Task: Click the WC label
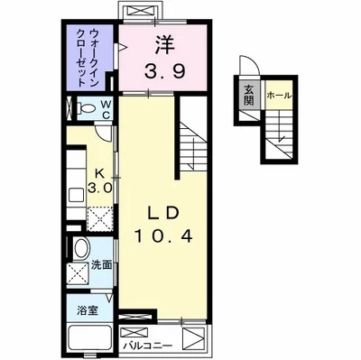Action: click(106, 109)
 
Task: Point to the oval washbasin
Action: click(79, 250)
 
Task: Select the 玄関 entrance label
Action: click(248, 93)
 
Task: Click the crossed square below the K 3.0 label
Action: click(97, 217)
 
